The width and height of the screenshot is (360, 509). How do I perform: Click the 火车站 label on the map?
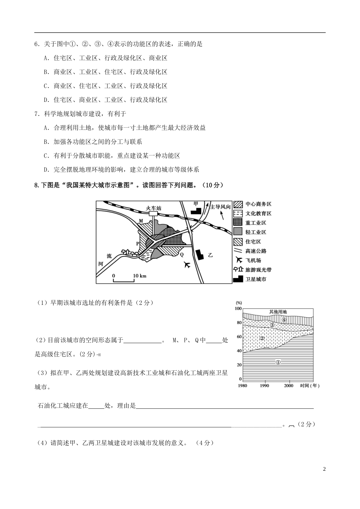coord(153,208)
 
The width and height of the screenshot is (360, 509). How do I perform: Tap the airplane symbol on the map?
coord(187,265)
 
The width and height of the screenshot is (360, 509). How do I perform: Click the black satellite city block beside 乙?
coord(199,254)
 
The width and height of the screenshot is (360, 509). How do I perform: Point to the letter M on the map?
coord(141,220)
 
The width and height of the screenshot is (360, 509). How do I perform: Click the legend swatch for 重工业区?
coord(238,223)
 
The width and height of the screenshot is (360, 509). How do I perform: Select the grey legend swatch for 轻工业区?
coord(238,232)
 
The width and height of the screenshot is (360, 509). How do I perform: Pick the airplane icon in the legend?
coord(238,260)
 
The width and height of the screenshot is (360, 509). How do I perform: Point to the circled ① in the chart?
coord(278,362)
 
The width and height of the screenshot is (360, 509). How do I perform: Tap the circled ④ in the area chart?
coord(284,320)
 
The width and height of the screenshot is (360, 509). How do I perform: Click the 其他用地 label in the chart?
coord(278,312)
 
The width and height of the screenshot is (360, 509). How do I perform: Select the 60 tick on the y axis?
coord(239,337)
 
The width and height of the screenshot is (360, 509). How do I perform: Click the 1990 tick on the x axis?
coord(265,386)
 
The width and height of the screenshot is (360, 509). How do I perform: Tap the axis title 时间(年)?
coord(310,386)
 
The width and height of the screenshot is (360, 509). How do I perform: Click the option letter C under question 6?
coord(46,86)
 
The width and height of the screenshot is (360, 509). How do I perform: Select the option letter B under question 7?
coord(46,142)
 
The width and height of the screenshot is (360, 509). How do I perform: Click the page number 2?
coord(324,469)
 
